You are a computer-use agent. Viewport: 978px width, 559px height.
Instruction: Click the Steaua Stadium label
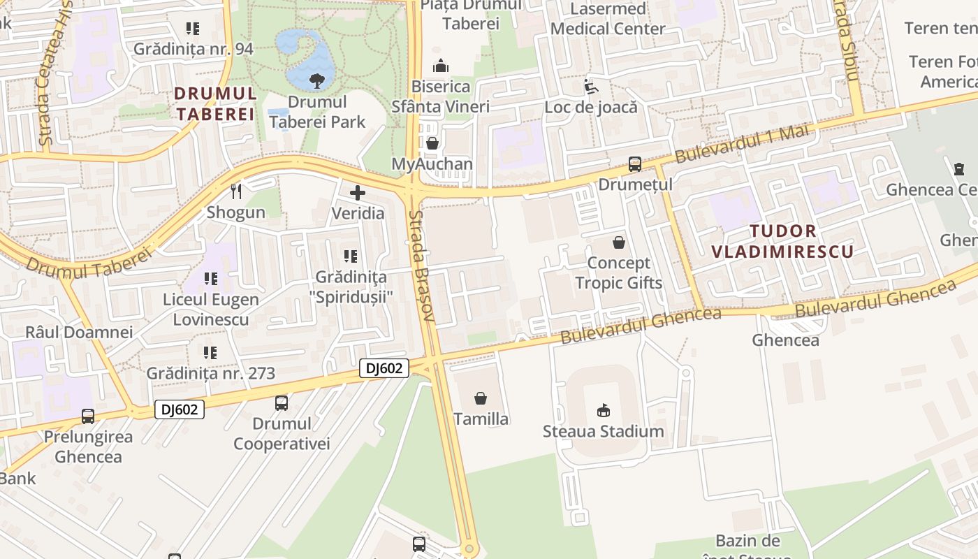point(604,431)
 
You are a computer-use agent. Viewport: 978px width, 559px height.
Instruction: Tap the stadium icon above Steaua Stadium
point(604,410)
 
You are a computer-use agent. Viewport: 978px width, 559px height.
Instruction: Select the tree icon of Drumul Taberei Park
point(317,80)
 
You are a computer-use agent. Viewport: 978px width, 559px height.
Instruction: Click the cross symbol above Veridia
point(358,193)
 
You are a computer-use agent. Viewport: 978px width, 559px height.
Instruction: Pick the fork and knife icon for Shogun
point(236,191)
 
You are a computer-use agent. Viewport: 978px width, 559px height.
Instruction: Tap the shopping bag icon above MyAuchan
point(432,144)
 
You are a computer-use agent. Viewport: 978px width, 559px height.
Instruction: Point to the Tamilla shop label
point(481,419)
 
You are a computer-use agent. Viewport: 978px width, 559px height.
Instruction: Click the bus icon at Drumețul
point(634,164)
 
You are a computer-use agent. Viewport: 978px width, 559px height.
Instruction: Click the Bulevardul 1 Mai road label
point(741,143)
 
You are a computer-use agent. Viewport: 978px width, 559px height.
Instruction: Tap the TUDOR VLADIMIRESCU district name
point(782,241)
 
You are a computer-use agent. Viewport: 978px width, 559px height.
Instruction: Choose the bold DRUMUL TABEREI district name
point(215,103)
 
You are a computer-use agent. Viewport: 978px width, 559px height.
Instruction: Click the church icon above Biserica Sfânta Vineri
point(441,66)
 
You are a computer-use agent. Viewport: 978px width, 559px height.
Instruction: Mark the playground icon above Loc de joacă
point(591,87)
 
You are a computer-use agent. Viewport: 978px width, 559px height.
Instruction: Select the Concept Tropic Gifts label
point(618,273)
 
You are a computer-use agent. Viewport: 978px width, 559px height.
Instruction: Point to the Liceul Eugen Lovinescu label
point(211,310)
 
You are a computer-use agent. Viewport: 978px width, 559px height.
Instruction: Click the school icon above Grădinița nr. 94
point(193,29)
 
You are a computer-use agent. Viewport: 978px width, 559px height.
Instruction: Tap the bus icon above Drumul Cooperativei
point(282,403)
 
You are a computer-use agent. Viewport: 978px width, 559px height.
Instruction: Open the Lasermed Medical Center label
point(608,19)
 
